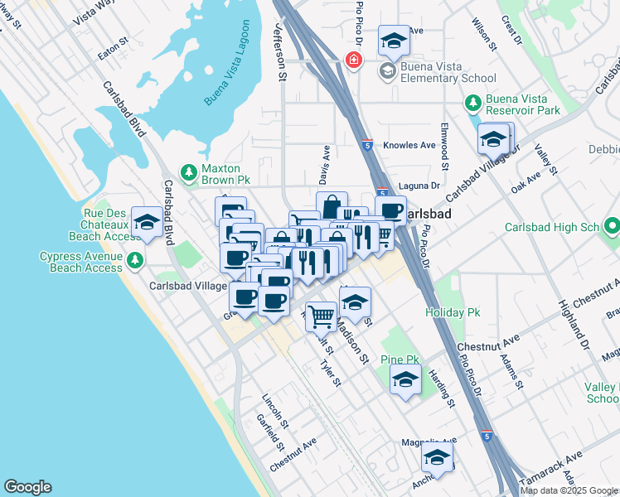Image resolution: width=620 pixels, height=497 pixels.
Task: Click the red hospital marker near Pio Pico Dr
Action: (354, 60)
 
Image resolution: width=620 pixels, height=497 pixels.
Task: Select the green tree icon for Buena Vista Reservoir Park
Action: (472, 104)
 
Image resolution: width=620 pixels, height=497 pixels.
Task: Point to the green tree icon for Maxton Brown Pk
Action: (189, 171)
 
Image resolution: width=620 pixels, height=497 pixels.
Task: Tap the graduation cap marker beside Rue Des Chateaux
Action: (147, 221)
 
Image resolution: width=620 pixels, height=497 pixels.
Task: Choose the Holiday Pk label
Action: (453, 312)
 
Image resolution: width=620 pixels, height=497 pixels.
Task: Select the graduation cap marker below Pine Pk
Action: (404, 380)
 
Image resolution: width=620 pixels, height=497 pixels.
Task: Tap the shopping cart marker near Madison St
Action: (322, 314)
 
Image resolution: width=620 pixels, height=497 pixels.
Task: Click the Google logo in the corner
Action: (27, 487)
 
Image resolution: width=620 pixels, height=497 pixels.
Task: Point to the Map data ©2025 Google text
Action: (569, 490)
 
